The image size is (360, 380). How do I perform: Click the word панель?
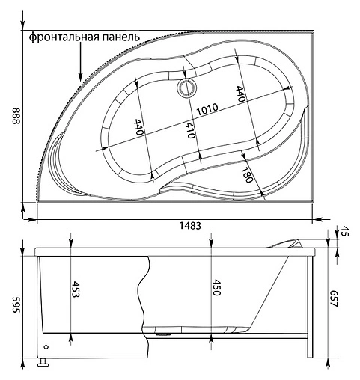click(120, 37)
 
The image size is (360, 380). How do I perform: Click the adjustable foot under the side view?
click(44, 365)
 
